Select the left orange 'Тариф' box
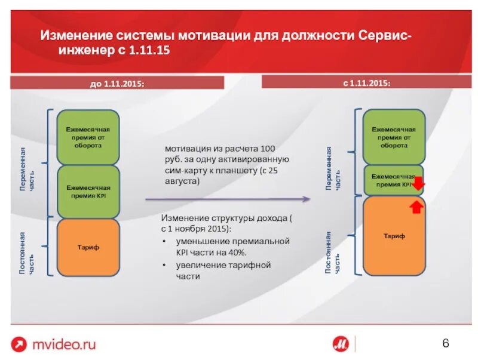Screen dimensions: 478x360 pyautogui.click(x=88, y=247)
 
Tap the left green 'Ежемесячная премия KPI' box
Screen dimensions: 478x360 pyautogui.click(x=88, y=192)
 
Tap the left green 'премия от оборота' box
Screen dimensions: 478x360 pyautogui.click(x=88, y=137)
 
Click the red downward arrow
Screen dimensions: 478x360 pyautogui.click(x=418, y=184)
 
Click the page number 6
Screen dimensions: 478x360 pyautogui.click(x=445, y=343)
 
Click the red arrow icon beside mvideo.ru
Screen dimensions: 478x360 pyautogui.click(x=19, y=344)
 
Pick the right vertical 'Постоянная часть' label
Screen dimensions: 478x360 pyautogui.click(x=332, y=253)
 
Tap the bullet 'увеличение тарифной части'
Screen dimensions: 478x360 pyautogui.click(x=223, y=270)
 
